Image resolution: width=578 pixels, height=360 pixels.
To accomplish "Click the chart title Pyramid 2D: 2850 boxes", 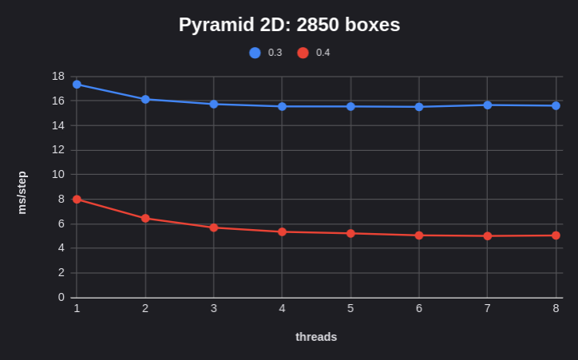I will click(289, 25).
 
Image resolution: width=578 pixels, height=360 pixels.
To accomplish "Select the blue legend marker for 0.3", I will click(255, 53).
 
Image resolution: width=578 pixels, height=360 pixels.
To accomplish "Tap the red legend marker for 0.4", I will click(303, 53).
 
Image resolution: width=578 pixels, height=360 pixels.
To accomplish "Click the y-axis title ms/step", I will click(22, 192).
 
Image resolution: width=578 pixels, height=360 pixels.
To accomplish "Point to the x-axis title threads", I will click(316, 337).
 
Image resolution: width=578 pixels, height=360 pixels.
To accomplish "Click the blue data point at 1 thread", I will click(77, 84).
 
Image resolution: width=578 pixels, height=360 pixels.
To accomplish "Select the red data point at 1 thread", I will click(77, 199).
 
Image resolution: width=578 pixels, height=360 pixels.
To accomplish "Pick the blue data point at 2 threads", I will click(145, 99).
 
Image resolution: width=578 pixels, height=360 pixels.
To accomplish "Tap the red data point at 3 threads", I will click(214, 227).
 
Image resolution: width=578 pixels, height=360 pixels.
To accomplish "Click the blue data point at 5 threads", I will click(350, 106).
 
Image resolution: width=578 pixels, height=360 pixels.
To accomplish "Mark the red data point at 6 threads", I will click(419, 235).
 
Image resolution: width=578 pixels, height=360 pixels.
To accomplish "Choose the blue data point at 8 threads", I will click(556, 105).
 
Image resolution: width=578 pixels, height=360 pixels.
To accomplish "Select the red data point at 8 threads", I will click(556, 235).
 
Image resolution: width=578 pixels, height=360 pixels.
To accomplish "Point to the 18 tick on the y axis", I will click(57, 76).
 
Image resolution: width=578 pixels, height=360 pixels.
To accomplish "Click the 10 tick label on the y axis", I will click(57, 174).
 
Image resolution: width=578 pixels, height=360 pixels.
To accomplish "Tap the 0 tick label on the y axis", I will click(61, 297).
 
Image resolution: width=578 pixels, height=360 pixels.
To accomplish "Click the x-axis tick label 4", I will click(282, 308).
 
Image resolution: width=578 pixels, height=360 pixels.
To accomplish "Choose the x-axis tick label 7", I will click(487, 308).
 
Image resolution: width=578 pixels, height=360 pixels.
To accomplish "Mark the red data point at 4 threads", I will click(282, 231).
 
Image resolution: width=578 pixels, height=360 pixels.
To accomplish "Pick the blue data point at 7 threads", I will click(487, 105).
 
